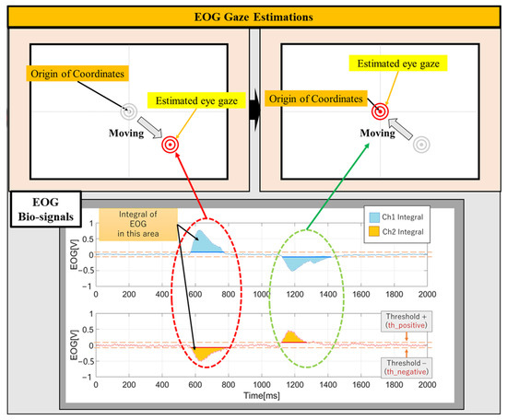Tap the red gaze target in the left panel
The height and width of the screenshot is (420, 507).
point(170,145)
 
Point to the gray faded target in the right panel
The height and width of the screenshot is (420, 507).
point(421,145)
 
